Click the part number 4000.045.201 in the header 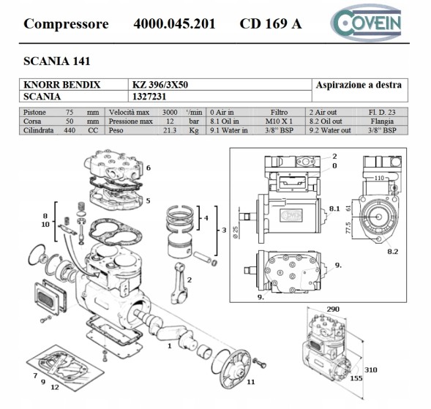point(174,23)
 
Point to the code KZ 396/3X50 point(160,85)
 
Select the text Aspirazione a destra point(358,86)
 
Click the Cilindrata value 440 point(70,130)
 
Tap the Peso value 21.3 point(170,130)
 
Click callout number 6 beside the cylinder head point(148,168)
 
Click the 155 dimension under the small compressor point(356,380)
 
